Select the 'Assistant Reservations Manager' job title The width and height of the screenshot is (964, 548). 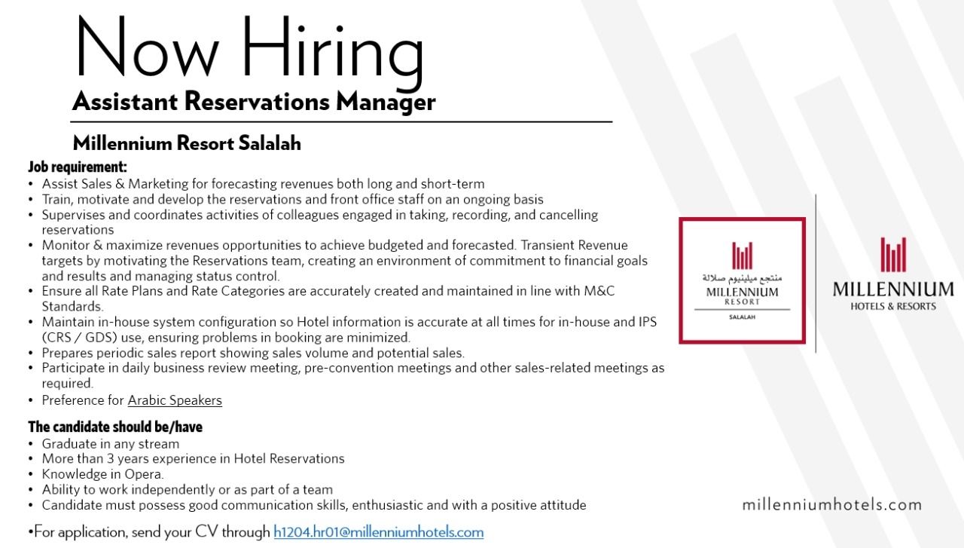pos(254,102)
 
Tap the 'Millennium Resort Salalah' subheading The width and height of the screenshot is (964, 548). pos(187,143)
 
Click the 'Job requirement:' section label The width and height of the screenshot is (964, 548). pos(78,167)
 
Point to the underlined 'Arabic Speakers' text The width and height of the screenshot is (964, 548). pos(175,400)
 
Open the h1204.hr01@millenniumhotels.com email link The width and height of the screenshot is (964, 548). pos(378,532)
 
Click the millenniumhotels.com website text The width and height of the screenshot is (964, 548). pos(831,504)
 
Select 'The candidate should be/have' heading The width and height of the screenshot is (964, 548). pos(115,427)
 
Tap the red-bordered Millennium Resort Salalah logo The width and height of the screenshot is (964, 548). pos(742,280)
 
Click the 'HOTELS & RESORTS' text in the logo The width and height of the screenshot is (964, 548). pos(893,306)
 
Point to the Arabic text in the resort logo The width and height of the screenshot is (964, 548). pos(742,277)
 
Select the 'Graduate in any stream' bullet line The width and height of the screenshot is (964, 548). pos(111,443)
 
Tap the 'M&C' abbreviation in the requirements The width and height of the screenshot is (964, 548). pos(599,291)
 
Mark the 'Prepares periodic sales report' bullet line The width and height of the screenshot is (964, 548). pos(253,352)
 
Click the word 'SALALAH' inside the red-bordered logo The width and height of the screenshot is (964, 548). pos(742,317)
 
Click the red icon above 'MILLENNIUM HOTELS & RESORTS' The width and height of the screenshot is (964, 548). pos(893,254)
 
